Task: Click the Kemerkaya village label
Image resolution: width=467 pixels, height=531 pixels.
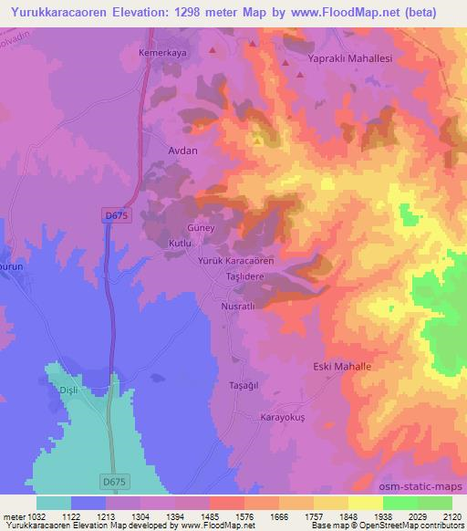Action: [x=161, y=54]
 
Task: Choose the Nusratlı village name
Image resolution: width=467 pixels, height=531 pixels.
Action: [x=237, y=307]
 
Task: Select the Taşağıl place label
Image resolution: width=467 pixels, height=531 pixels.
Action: [x=245, y=386]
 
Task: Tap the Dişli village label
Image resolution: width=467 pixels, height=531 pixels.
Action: [x=69, y=390]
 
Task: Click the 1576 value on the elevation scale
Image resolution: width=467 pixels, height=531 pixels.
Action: [x=243, y=516]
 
